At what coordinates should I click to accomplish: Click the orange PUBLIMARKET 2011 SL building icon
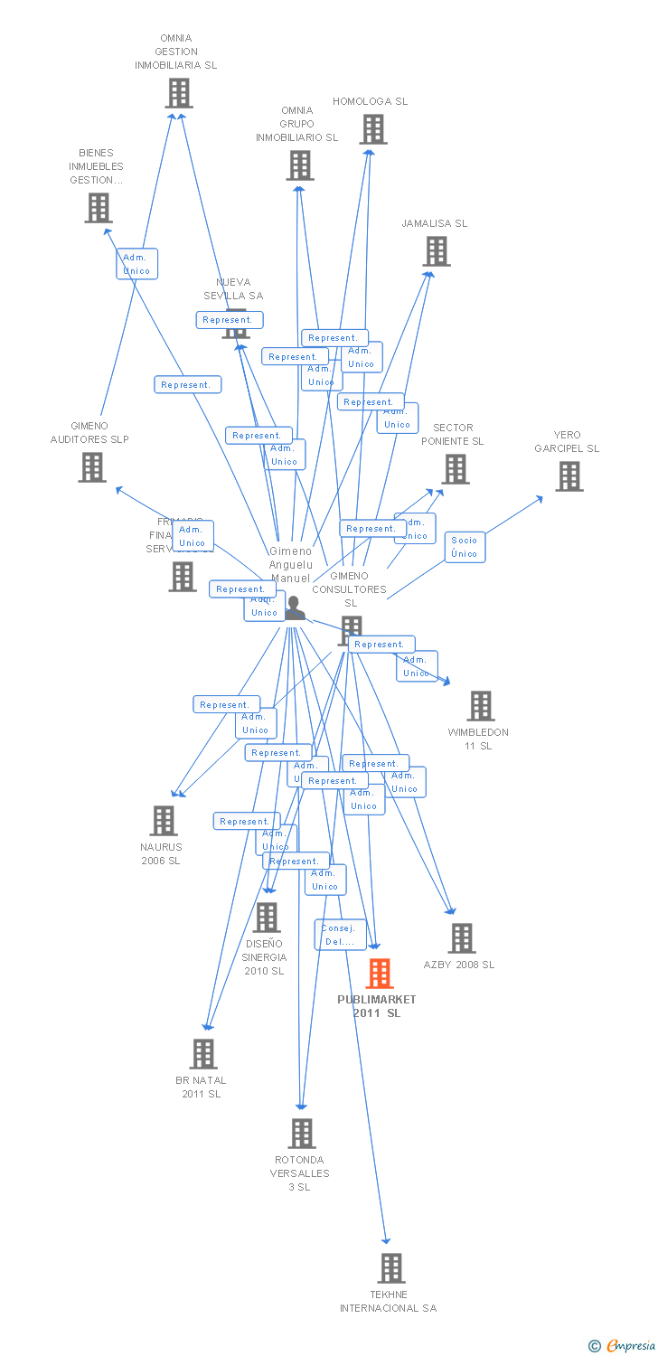point(380,974)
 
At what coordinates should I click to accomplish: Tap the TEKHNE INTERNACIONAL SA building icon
point(390,1268)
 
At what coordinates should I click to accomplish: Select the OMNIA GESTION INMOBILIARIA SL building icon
point(179,93)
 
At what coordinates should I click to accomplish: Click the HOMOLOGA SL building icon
point(372,129)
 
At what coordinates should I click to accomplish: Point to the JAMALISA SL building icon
point(436,251)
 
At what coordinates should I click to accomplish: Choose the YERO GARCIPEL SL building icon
point(569,476)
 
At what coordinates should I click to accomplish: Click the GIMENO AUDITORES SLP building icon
point(91,467)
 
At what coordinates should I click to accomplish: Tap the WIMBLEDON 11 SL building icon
point(480,706)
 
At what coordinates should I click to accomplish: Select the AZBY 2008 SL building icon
point(461,938)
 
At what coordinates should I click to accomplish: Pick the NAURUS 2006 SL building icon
point(163,821)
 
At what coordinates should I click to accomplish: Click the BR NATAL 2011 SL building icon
point(202,1054)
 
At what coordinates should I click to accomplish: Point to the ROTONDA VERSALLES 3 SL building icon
point(301,1134)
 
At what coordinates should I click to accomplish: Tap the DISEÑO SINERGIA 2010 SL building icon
point(266,918)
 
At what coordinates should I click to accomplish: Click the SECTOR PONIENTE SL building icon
point(455,469)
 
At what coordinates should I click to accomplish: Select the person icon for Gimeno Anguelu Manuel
point(294,608)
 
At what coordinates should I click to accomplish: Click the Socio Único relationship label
point(465,547)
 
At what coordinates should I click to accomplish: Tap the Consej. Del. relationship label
point(341,935)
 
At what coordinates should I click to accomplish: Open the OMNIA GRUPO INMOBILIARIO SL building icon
point(300,165)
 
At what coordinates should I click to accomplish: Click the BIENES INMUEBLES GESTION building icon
point(98,208)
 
